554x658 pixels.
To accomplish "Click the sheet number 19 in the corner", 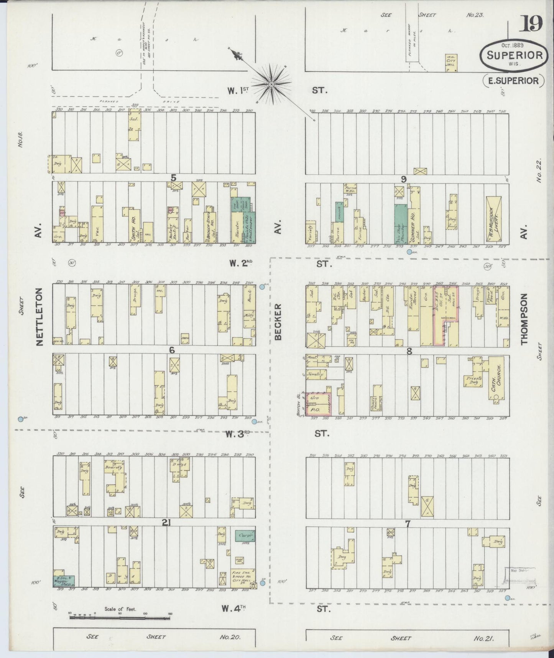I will click(x=531, y=24).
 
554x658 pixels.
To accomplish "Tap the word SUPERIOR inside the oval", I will click(x=515, y=55).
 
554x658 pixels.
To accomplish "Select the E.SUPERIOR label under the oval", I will click(x=513, y=81).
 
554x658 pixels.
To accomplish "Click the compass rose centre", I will click(x=271, y=84).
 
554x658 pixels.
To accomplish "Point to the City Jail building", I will click(x=451, y=63).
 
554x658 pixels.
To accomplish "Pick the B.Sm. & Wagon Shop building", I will click(x=64, y=581).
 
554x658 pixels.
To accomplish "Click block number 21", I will click(x=166, y=522).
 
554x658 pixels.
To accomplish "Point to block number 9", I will click(x=403, y=179).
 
